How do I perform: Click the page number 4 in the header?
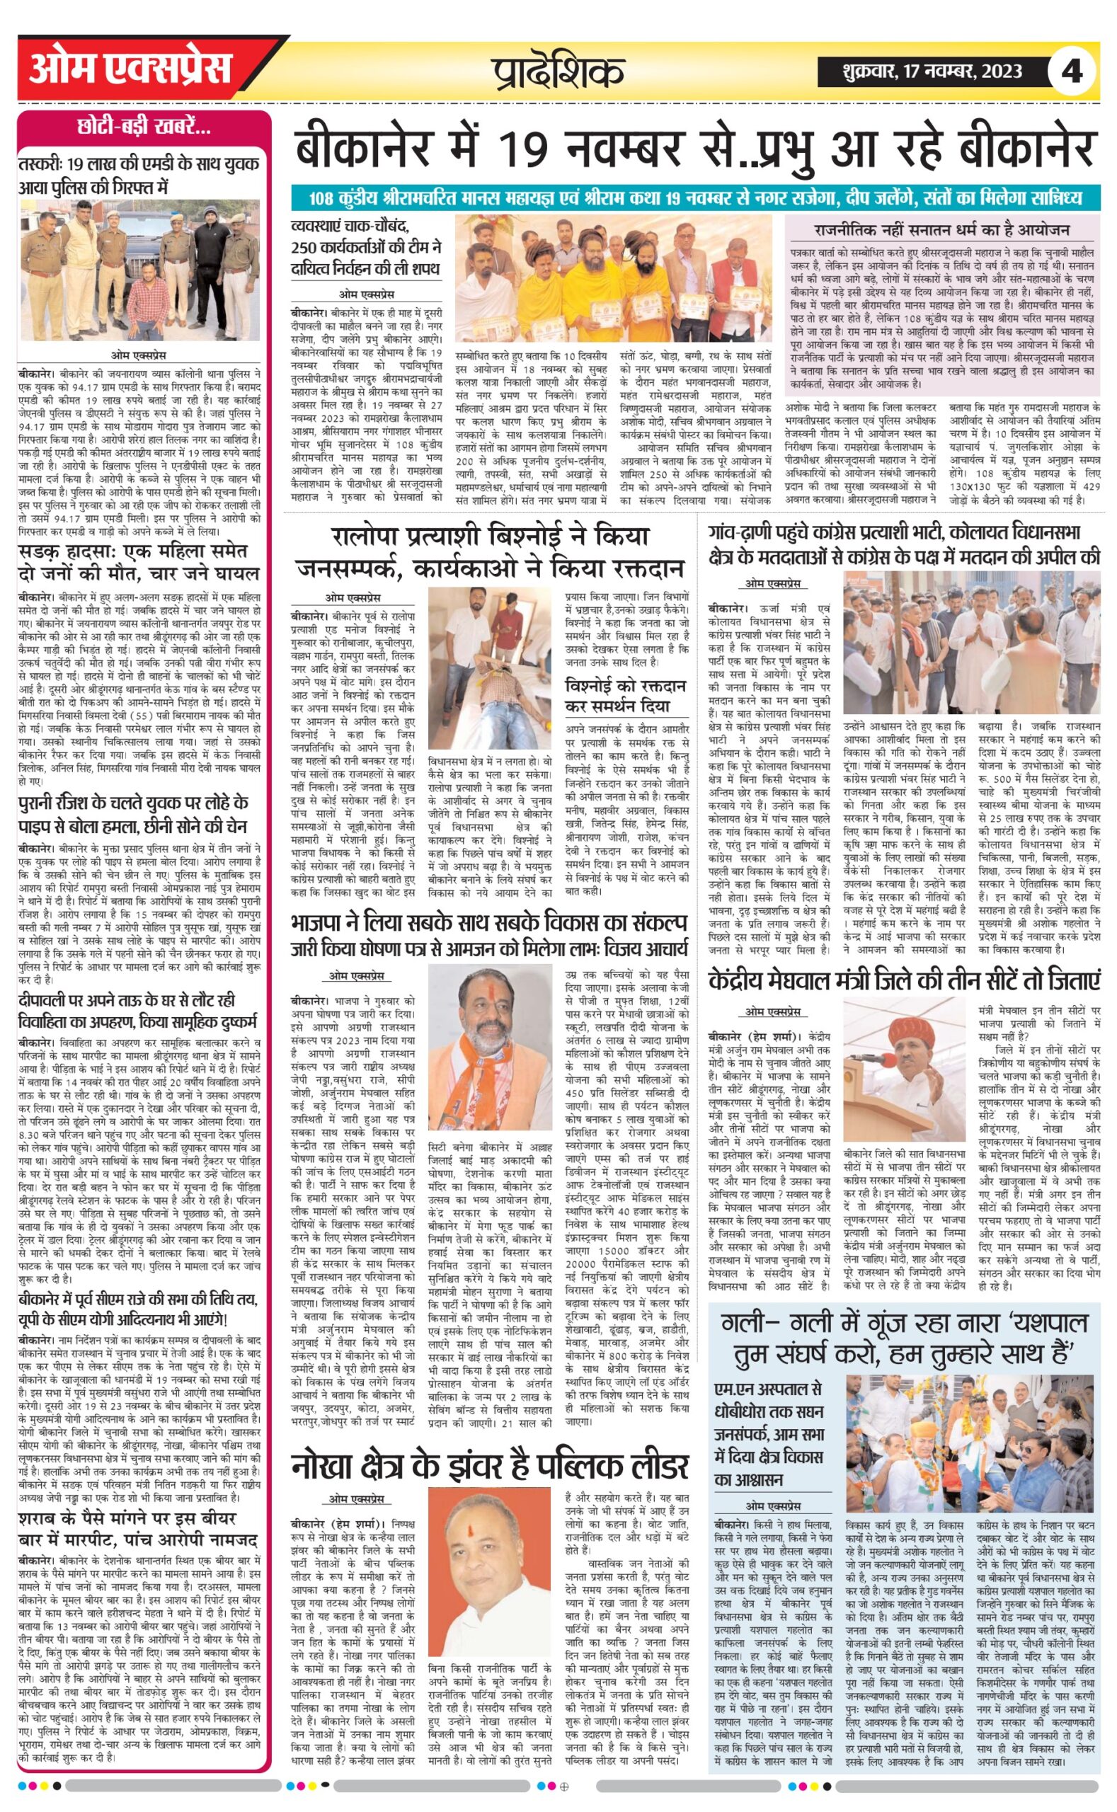click(x=1070, y=71)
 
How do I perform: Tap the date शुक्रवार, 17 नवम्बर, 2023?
click(x=932, y=71)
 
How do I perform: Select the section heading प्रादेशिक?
click(x=558, y=71)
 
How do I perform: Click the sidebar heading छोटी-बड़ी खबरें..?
click(x=144, y=129)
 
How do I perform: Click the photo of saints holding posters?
click(x=612, y=278)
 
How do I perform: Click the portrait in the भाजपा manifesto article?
click(x=490, y=1046)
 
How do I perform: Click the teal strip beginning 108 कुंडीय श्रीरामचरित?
click(x=694, y=198)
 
